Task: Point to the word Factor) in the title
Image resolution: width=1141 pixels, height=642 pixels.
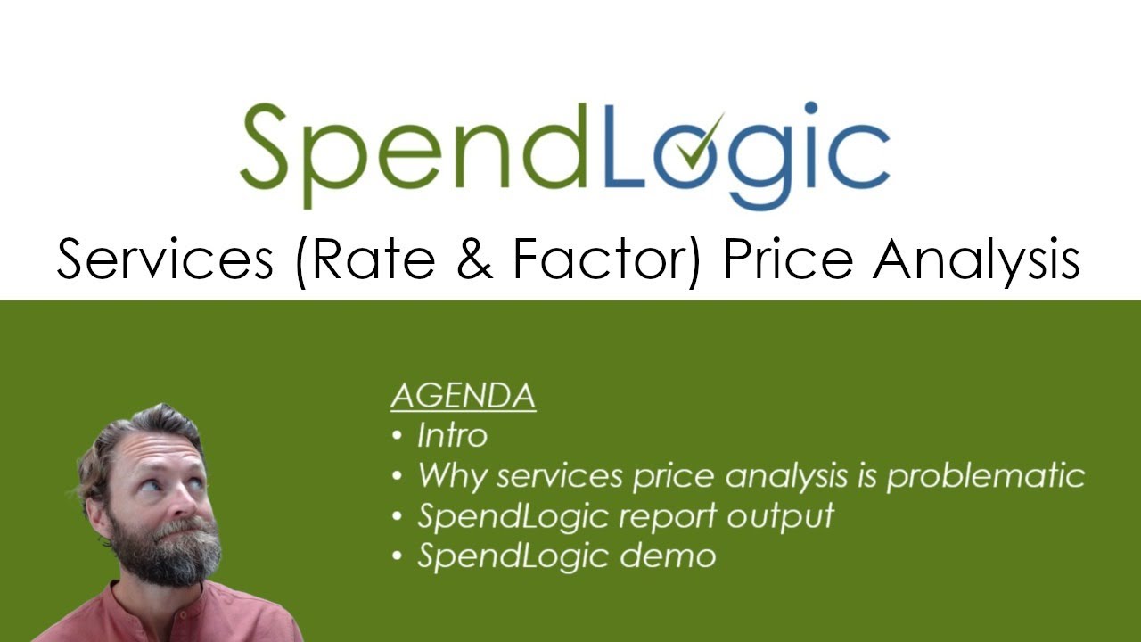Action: pyautogui.click(x=606, y=260)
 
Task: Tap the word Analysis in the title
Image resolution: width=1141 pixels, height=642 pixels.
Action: pyautogui.click(x=975, y=261)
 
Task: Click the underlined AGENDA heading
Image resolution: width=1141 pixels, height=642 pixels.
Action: pyautogui.click(x=463, y=396)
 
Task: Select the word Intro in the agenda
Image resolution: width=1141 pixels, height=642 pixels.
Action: pyautogui.click(x=452, y=436)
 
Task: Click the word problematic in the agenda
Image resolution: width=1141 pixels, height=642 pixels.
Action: pyautogui.click(x=985, y=476)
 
